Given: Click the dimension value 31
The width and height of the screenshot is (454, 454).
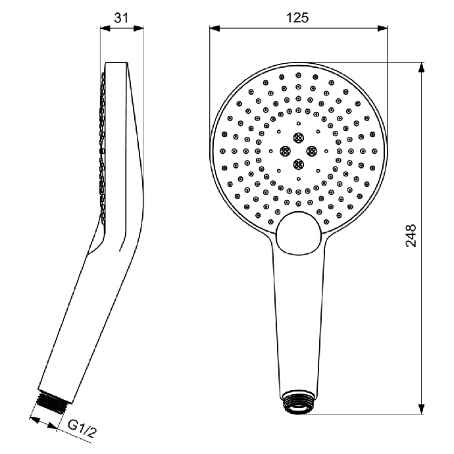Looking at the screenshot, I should [120, 18].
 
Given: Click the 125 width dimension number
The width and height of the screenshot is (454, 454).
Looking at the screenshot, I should [298, 18].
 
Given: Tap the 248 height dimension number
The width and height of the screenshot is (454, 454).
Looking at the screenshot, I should [411, 234].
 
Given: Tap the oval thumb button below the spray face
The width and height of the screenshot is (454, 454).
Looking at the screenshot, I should [300, 234].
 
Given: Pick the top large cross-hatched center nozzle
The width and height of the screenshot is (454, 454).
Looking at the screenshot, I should [299, 138].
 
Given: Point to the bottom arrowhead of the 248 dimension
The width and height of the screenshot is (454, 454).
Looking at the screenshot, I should [422, 410].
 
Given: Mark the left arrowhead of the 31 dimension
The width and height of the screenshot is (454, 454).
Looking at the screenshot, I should [103, 28].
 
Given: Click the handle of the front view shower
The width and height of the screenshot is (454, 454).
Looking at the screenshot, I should [299, 316].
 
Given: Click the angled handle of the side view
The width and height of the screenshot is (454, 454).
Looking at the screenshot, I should [79, 316].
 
